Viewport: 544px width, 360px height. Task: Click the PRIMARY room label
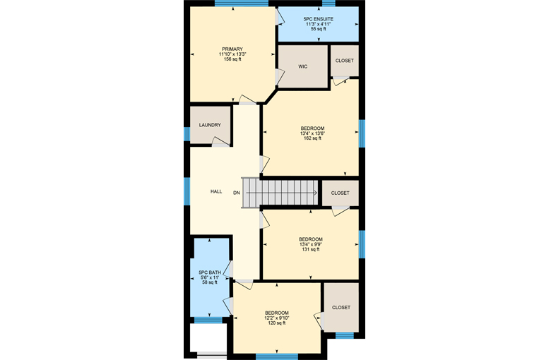(x=232, y=49)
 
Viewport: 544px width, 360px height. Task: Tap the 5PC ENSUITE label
(x=319, y=19)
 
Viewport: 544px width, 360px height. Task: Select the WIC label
(x=303, y=66)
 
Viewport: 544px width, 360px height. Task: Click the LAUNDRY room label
(x=210, y=125)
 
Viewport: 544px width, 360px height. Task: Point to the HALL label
(x=216, y=191)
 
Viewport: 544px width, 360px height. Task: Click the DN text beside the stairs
(x=237, y=193)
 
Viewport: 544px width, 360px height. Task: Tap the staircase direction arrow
(x=282, y=193)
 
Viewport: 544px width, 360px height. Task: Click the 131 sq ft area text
(x=311, y=249)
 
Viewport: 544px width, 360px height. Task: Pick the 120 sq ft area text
(x=277, y=323)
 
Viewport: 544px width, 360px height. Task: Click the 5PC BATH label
(x=210, y=272)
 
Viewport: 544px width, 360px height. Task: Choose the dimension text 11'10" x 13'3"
(x=232, y=54)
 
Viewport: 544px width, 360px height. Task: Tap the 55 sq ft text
(x=319, y=29)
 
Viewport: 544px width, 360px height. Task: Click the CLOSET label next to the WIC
(x=345, y=61)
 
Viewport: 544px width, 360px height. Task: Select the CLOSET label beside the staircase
(x=340, y=193)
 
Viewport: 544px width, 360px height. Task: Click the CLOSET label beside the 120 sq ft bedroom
(x=341, y=307)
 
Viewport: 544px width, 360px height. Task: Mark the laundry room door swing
(x=220, y=141)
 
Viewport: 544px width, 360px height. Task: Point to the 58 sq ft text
(x=210, y=282)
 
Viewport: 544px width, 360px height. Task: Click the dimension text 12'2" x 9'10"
(x=277, y=318)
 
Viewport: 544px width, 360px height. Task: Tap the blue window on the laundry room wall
(x=187, y=134)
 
